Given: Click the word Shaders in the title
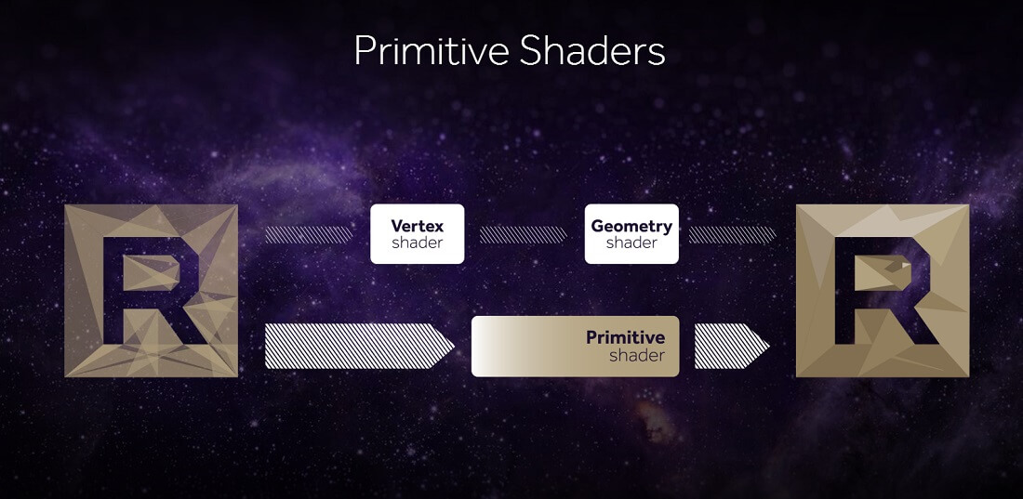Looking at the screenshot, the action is pos(592,51).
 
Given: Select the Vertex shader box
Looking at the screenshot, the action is pos(418,234).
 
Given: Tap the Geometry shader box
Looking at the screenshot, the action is pos(631,234).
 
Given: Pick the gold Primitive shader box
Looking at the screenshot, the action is pos(576,347).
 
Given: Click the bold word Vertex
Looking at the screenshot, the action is pos(418,227).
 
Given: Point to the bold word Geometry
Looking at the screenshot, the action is pos(631,227).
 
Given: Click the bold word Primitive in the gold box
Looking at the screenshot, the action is pos(626,337).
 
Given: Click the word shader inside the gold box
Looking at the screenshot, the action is pos(637,356).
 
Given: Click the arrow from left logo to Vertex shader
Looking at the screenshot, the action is pos(309,235).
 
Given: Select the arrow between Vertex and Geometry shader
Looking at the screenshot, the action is pos(524,235).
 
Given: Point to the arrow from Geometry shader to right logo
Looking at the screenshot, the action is pos(733,235).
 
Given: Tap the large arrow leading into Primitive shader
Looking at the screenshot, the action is pos(360,347).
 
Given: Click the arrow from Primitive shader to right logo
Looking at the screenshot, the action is pos(732,347).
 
